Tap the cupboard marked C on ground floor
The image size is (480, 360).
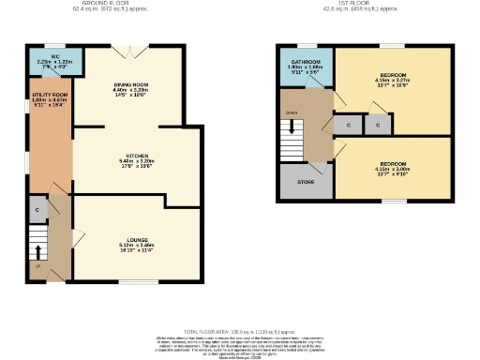(37, 209)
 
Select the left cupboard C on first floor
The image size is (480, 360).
(348, 124)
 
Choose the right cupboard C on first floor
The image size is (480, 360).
(378, 124)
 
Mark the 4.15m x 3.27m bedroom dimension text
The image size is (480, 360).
(393, 81)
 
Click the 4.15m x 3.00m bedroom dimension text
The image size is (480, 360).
(393, 170)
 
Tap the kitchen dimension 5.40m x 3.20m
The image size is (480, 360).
(138, 162)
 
